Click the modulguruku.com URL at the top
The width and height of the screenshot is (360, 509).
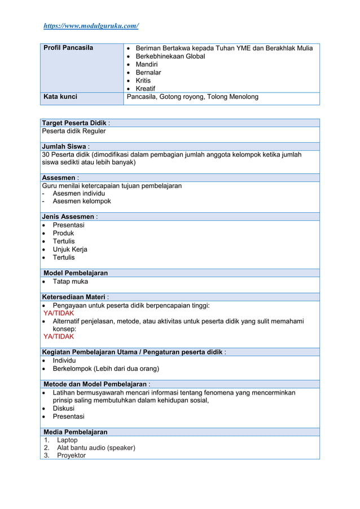pyautogui.click(x=91, y=26)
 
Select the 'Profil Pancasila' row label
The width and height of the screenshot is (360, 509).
pyautogui.click(x=68, y=48)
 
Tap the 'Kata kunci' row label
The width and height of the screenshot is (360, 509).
pyautogui.click(x=60, y=97)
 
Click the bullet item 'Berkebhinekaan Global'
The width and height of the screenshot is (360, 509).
pyautogui.click(x=170, y=56)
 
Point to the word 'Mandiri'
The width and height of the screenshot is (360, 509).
pyautogui.click(x=147, y=64)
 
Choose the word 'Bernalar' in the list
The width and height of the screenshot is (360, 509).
pyautogui.click(x=148, y=73)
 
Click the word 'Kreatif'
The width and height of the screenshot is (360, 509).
pyautogui.click(x=146, y=89)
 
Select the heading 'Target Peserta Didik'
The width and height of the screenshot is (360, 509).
pyautogui.click(x=74, y=123)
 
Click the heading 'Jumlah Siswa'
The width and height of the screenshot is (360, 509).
pyautogui.click(x=64, y=147)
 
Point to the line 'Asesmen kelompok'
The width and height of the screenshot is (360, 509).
pyautogui.click(x=82, y=201)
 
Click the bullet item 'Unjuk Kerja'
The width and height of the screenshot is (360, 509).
pyautogui.click(x=70, y=249)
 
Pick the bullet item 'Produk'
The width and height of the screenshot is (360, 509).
pyautogui.click(x=63, y=233)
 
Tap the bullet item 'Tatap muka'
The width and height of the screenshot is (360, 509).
pyautogui.click(x=71, y=282)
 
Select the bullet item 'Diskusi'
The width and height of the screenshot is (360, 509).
pyautogui.click(x=64, y=409)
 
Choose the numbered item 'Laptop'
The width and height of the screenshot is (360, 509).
pyautogui.click(x=67, y=440)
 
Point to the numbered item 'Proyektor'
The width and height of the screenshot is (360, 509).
pyautogui.click(x=71, y=455)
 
